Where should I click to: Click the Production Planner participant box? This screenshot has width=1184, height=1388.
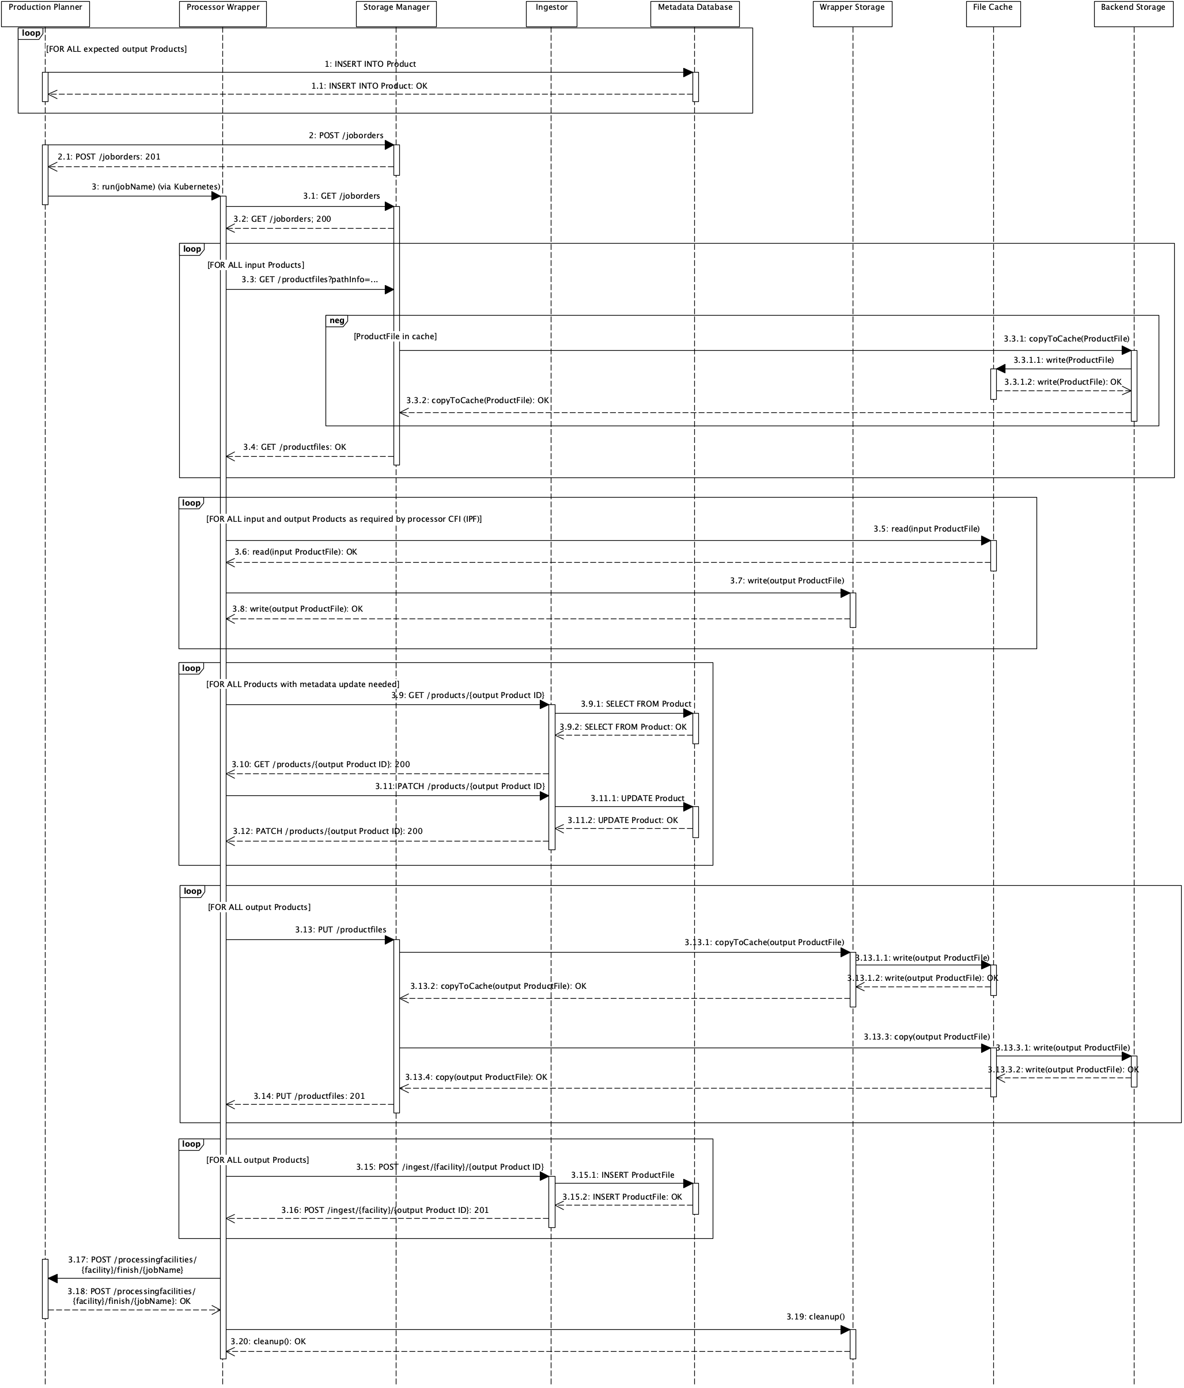coord(45,13)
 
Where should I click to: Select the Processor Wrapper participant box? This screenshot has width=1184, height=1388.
coord(222,13)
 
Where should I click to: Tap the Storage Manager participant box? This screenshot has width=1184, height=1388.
coord(396,13)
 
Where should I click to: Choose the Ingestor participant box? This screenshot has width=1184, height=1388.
coord(551,13)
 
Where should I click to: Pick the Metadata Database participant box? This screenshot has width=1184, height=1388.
coord(694,13)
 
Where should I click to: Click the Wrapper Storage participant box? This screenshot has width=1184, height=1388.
coord(852,13)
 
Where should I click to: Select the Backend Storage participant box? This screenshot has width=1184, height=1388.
coord(1133,13)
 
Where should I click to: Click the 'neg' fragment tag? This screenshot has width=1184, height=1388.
coord(336,321)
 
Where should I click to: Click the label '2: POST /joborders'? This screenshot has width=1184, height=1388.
coord(346,135)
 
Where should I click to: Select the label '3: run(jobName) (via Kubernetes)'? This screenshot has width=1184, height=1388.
coord(156,186)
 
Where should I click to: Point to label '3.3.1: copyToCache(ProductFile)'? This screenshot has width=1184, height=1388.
coord(1065,339)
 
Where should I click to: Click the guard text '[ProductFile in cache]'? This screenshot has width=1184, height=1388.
coord(395,336)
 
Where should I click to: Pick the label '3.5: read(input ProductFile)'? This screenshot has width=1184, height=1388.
coord(926,529)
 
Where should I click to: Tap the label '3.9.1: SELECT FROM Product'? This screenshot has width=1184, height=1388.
coord(635,704)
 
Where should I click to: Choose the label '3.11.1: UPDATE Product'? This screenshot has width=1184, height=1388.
coord(637,798)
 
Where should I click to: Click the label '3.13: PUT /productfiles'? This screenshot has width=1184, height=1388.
coord(341,930)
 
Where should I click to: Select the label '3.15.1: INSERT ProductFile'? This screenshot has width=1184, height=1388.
coord(622,1175)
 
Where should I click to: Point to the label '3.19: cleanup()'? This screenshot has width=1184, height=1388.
coord(815,1317)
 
